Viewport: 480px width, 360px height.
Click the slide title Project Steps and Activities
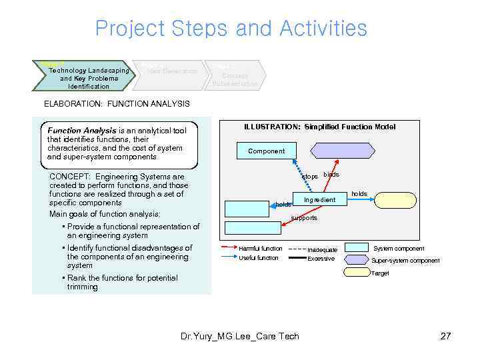[231, 29]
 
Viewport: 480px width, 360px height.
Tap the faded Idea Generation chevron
[172, 71]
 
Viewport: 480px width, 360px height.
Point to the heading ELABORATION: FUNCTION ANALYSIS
[117, 103]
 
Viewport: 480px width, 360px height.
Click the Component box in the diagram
[266, 151]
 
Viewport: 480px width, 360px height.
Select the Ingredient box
[319, 200]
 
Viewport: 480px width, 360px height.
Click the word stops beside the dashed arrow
[310, 177]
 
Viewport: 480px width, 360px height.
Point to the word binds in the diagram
[331, 175]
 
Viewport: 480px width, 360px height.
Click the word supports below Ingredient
[304, 218]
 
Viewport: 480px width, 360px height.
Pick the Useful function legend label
[259, 258]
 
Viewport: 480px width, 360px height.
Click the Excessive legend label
[321, 259]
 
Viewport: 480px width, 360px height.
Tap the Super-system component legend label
[405, 261]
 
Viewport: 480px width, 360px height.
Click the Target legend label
[380, 273]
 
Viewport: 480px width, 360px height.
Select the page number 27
[446, 336]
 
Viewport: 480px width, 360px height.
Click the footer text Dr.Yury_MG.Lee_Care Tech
[240, 336]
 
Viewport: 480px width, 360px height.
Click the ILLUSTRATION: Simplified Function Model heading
[319, 127]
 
